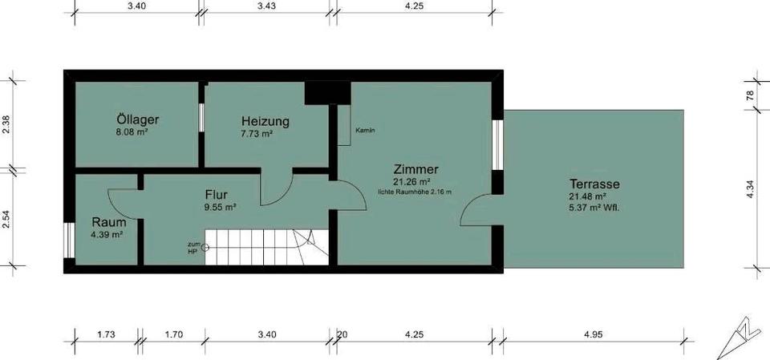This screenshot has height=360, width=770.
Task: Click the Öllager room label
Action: (136, 120)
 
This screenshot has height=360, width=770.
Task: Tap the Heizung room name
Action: (265, 122)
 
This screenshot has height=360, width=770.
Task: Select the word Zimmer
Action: (415, 169)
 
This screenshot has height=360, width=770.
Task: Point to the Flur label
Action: (217, 194)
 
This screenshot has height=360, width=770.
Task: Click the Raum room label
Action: (107, 222)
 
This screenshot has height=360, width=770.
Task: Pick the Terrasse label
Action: (595, 183)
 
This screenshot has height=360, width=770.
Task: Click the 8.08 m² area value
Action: (136, 134)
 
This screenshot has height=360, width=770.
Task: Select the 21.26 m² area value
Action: (415, 182)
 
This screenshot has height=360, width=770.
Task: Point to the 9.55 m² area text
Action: (218, 207)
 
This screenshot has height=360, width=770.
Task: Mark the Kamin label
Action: (365, 130)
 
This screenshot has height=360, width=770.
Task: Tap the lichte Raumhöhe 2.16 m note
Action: (415, 192)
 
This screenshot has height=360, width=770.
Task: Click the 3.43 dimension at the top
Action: (264, 6)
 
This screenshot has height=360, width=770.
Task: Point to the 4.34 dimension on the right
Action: (750, 189)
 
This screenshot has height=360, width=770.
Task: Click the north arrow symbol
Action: (739, 342)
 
